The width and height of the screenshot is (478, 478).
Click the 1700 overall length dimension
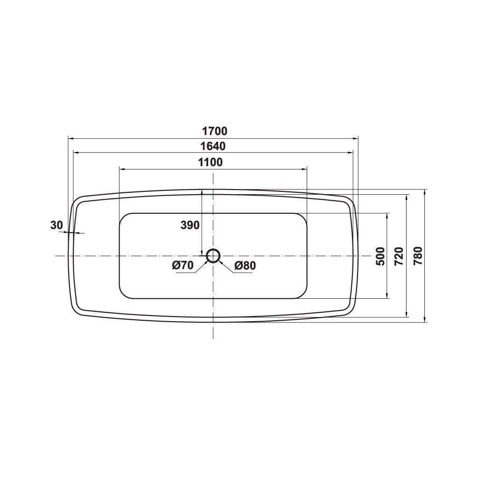pyautogui.click(x=213, y=131)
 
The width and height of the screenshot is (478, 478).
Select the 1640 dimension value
pyautogui.click(x=213, y=146)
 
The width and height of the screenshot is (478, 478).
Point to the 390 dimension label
pyautogui.click(x=190, y=225)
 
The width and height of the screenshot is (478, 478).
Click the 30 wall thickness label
pyautogui.click(x=56, y=225)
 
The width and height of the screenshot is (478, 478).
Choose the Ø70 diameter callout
pyautogui.click(x=183, y=266)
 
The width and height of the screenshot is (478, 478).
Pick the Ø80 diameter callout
pyautogui.click(x=245, y=266)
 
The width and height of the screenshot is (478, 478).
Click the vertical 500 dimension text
pyautogui.click(x=380, y=256)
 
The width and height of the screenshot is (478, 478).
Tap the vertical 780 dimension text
pyautogui.click(x=418, y=256)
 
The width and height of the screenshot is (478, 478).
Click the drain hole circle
pyautogui.click(x=213, y=256)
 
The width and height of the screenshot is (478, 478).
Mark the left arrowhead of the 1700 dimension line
pyautogui.click(x=70, y=138)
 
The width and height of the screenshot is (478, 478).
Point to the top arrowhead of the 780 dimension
pyautogui.click(x=425, y=192)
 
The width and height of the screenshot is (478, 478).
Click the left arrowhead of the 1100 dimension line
pyautogui.click(x=121, y=169)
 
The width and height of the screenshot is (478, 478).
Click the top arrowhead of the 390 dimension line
pyautogui.click(x=201, y=192)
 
